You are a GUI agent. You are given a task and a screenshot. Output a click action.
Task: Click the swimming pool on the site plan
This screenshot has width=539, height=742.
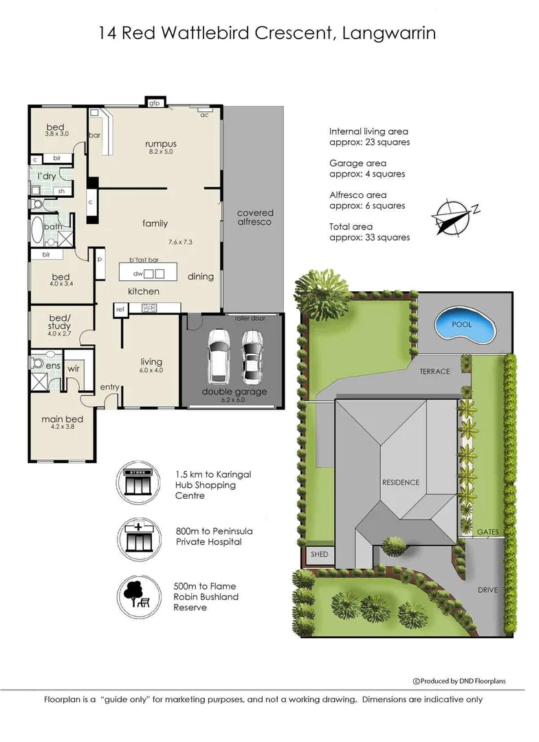pos(465,325)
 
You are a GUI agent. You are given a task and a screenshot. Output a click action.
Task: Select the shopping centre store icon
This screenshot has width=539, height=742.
pos(138,483)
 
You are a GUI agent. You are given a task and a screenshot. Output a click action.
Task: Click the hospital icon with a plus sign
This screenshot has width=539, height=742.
pos(138,539)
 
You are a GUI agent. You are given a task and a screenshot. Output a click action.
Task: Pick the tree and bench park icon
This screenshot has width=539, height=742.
pos(138,597)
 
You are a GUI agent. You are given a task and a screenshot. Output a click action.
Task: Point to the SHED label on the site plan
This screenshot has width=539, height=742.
pos(319,554)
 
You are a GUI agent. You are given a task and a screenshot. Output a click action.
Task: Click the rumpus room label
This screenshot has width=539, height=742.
pos(161,144)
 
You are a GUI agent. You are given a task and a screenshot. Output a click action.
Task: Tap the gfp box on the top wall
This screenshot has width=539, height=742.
pos(155,102)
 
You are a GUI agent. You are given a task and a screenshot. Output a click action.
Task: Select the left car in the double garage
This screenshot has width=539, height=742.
pos(219,355)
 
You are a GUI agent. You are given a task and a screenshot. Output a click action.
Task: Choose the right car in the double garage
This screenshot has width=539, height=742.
pos(252,356)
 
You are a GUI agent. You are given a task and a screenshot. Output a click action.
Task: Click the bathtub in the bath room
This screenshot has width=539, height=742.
pos(37,230)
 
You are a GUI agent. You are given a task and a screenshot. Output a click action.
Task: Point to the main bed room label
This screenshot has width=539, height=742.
pos(62,419)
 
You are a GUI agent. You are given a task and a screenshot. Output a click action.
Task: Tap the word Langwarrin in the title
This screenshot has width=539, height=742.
pos(389,33)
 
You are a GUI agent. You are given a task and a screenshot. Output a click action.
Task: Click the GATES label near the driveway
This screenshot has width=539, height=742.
pos(488,532)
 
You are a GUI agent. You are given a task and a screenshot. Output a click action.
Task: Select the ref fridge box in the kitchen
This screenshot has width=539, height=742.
pos(120,309)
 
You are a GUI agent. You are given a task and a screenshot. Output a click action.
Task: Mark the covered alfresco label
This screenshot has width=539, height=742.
pos(255,217)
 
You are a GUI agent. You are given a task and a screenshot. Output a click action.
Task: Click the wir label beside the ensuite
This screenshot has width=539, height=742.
pos(74,368)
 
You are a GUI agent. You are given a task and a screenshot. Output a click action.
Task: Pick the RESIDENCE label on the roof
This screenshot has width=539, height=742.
pos(401,482)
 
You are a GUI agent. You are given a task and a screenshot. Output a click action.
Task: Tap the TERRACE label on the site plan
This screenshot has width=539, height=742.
pos(434,372)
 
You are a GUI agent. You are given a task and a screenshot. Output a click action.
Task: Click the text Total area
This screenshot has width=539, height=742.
pos(351,227)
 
